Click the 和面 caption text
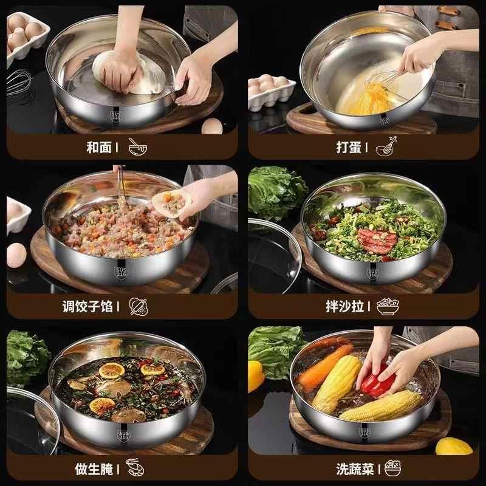pyautogui.click(x=99, y=148)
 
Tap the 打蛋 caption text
pyautogui.click(x=349, y=148)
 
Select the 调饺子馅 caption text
pyautogui.click(x=87, y=307)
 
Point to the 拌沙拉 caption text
pyautogui.click(x=344, y=307)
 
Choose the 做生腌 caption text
pyautogui.click(x=94, y=469)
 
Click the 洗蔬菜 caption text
pyautogui.click(x=355, y=469)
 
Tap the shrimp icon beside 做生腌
pyautogui.click(x=135, y=467)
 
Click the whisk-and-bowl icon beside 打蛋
pyautogui.click(x=386, y=146)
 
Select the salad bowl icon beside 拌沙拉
pyautogui.click(x=388, y=307)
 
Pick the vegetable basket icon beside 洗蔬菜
pyautogui.click(x=392, y=468)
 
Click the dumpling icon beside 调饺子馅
pyautogui.click(x=139, y=307)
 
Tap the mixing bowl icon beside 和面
pyautogui.click(x=138, y=146)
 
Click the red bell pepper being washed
pyautogui.click(x=377, y=381)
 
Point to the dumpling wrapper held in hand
pyautogui.click(x=171, y=203)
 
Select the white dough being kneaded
pyautogui.click(x=129, y=72)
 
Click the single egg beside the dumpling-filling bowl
pyautogui.click(x=16, y=255)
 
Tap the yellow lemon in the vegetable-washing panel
pyautogui.click(x=454, y=446)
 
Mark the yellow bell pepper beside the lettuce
pyautogui.click(x=256, y=376)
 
